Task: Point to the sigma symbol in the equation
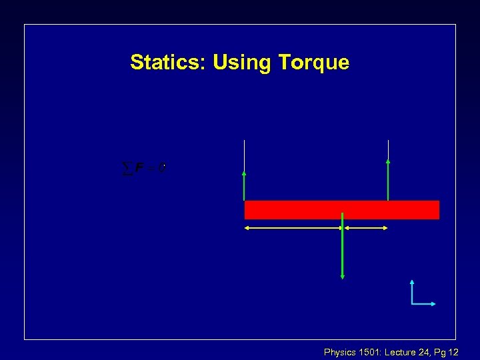[127, 168]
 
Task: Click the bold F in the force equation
[139, 168]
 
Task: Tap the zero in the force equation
[161, 168]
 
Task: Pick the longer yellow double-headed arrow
[293, 228]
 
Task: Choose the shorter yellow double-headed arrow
[365, 228]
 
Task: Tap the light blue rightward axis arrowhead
[433, 304]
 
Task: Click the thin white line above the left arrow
[245, 155]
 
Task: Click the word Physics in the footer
[340, 351]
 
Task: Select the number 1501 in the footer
[370, 351]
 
